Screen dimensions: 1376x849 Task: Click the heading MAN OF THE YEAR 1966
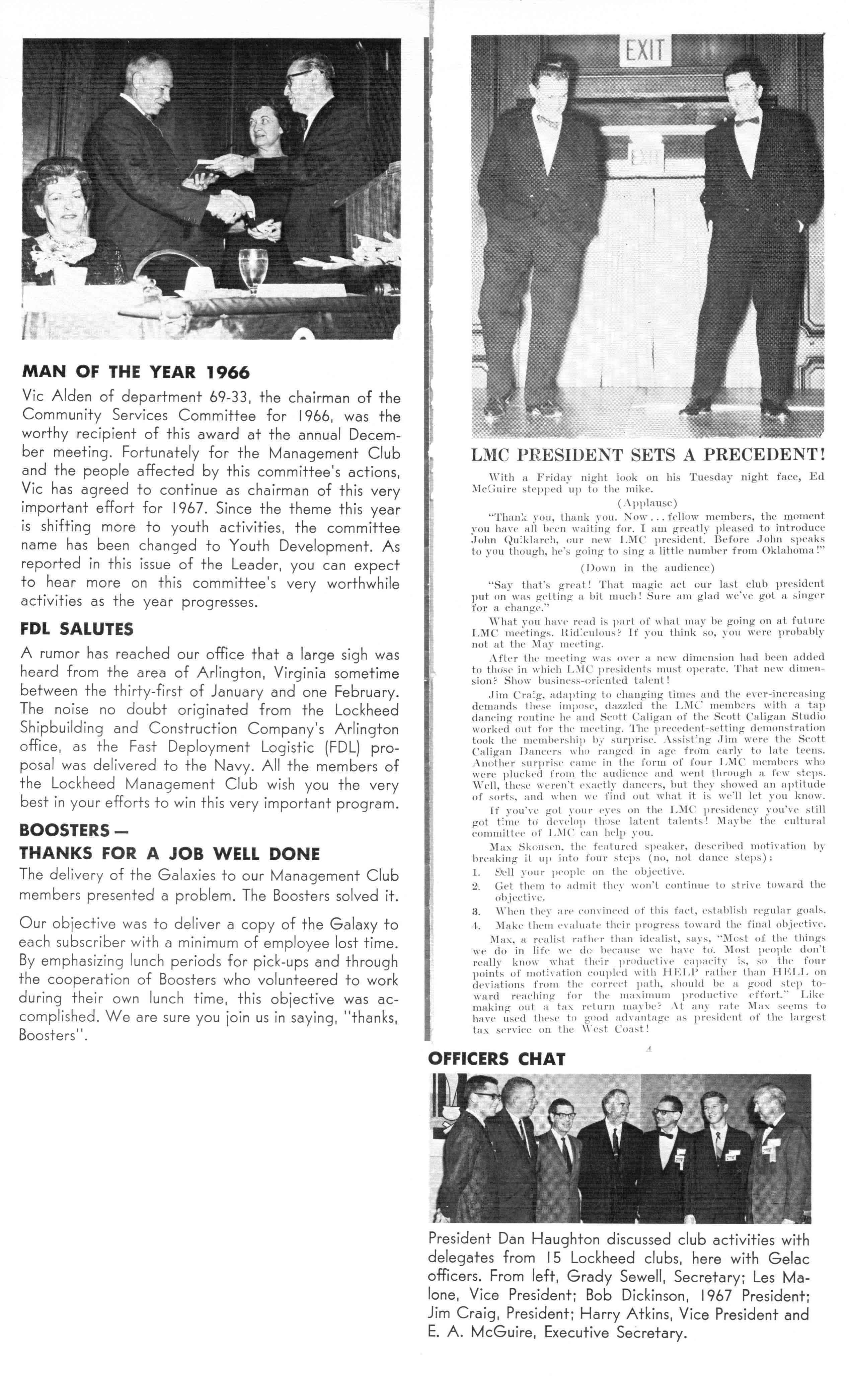point(135,372)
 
